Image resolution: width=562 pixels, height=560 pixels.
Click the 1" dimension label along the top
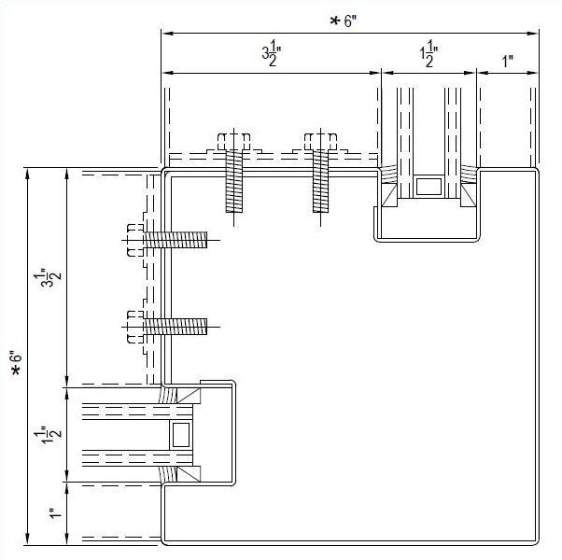click(x=508, y=62)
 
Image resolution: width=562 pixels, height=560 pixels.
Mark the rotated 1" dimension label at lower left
click(x=53, y=512)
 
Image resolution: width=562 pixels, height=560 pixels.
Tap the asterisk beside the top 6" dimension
click(x=334, y=21)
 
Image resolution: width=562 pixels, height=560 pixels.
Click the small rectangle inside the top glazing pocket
click(x=429, y=185)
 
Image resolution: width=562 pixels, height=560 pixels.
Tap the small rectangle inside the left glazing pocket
click(x=179, y=434)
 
